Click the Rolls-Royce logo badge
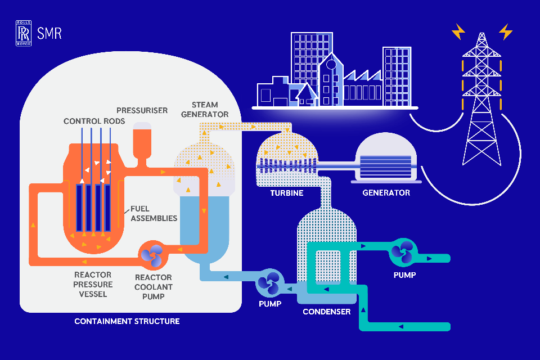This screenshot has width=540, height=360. tap(23, 33)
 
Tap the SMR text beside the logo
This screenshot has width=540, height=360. tap(49, 33)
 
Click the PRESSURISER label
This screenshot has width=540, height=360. tap(142, 110)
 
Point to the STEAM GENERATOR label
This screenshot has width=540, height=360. tap(210, 110)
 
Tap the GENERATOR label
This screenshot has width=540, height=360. tap(386, 193)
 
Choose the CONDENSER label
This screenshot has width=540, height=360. tap(326, 312)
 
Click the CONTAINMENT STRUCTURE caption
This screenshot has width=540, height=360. tap(127, 322)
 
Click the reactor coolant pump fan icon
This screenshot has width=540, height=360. tap(152, 254)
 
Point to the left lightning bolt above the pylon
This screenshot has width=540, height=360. tap(458, 31)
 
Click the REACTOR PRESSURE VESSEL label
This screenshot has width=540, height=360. tap(93, 284)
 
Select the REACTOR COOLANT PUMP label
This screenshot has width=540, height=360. tap(153, 287)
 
